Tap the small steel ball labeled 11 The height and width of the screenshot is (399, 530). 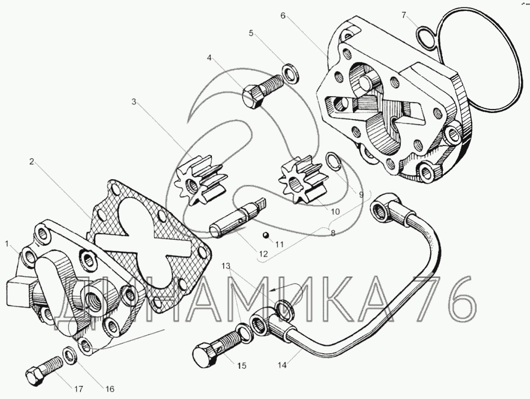point(267,235)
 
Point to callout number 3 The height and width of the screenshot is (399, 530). point(134,102)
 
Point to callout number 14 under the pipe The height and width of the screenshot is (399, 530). point(282,365)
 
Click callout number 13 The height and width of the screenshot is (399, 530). point(226,266)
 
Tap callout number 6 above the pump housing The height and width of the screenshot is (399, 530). point(283,15)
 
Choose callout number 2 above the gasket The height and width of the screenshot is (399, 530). point(32,162)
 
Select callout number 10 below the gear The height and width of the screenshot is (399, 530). point(335,212)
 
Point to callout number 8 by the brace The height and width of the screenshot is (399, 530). point(333,233)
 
